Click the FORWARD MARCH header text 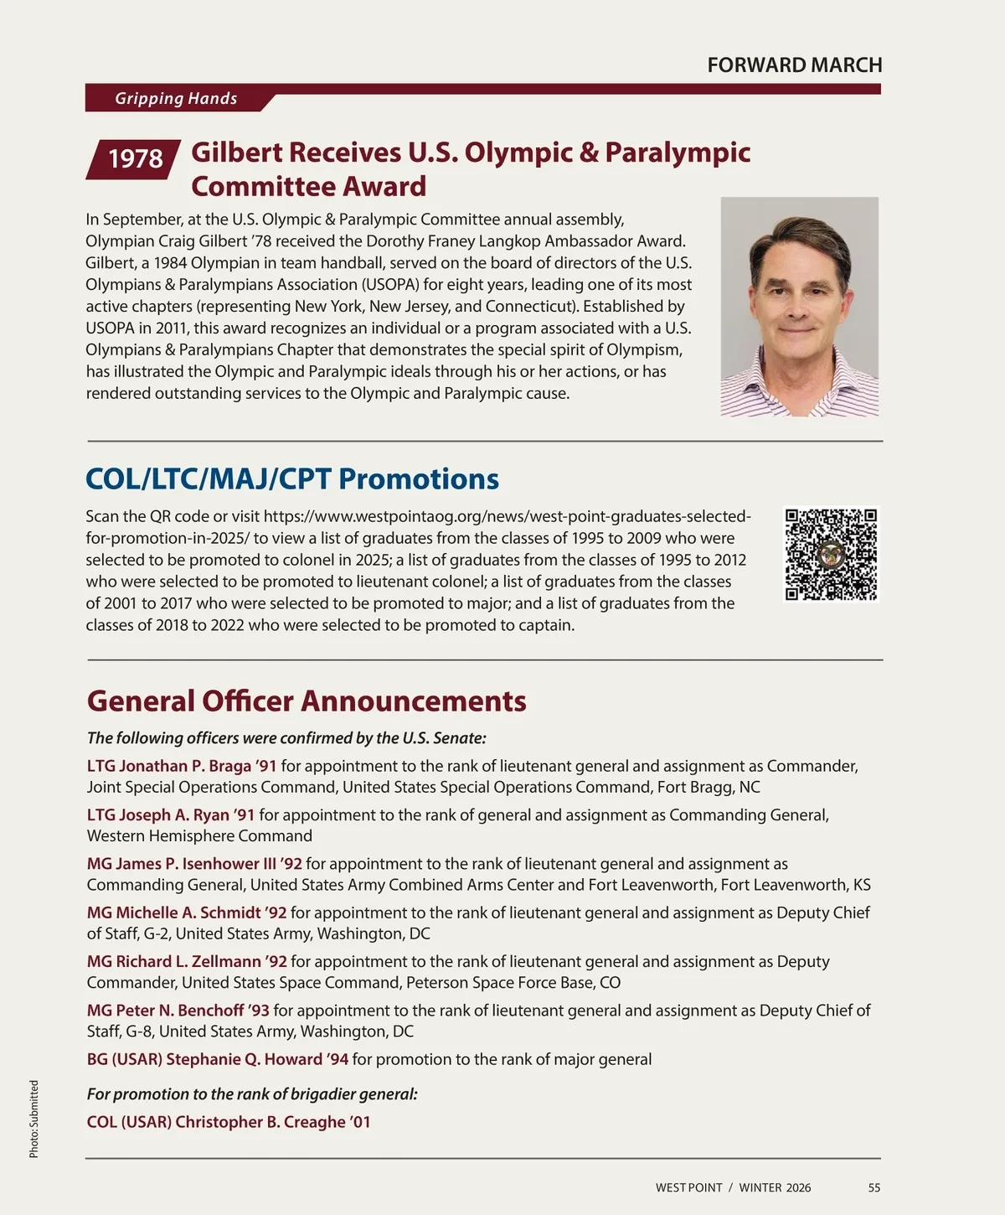[794, 65]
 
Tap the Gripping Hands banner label [176, 99]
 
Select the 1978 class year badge [135, 158]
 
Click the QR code [830, 554]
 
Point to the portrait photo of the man [799, 307]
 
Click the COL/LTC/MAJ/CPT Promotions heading [292, 479]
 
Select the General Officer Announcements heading [307, 701]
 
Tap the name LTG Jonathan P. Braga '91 [182, 766]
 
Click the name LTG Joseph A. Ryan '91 [171, 814]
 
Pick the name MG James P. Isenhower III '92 [194, 864]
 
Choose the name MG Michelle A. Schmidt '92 [187, 913]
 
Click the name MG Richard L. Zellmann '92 [187, 961]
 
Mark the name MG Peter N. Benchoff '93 [178, 1011]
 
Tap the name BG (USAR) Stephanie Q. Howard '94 [218, 1059]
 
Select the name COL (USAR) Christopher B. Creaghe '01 [229, 1122]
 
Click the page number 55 [874, 1187]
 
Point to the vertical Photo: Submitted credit [34, 1119]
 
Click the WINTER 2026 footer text [775, 1187]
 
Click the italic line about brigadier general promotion [252, 1094]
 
